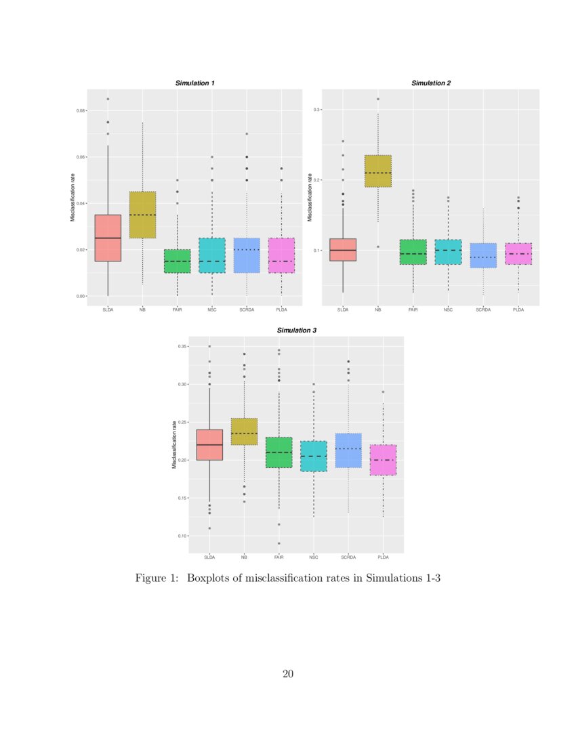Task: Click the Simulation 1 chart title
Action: pos(195,83)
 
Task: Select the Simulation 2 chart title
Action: pos(431,83)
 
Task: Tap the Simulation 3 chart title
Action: pos(296,330)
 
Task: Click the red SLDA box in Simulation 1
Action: pos(108,238)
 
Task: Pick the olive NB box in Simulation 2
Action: pos(378,171)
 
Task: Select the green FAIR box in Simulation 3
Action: pos(279,452)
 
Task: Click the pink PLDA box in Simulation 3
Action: pos(383,460)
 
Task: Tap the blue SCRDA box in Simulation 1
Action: pos(247,255)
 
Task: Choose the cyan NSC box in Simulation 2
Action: pos(448,252)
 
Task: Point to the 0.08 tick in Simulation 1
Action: pos(81,110)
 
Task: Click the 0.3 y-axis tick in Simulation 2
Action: pos(316,109)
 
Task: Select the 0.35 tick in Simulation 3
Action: pos(182,346)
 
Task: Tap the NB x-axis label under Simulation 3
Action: pos(244,557)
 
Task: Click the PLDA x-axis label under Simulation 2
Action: pos(518,310)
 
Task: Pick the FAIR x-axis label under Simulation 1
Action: pos(178,310)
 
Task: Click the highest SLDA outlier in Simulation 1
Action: pos(108,99)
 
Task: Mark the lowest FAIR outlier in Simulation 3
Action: pos(279,543)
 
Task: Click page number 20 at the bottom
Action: pos(288,673)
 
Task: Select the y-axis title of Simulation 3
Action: pos(174,444)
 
